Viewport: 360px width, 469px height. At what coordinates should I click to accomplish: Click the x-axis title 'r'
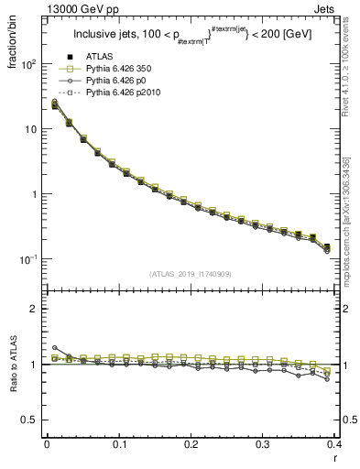coord(336,458)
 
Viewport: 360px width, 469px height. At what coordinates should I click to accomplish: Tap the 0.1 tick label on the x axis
coord(118,444)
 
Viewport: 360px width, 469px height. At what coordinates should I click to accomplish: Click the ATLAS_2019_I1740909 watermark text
coord(191,274)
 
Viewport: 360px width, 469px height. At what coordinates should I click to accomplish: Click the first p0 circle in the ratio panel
coord(54,348)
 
